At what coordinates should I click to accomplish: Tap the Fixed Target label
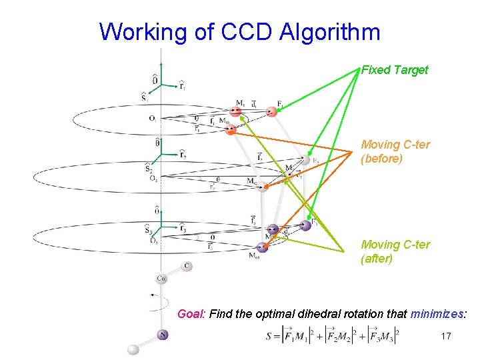pyautogui.click(x=395, y=70)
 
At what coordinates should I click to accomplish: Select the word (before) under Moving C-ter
pyautogui.click(x=382, y=159)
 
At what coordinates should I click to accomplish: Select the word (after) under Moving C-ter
pyautogui.click(x=377, y=259)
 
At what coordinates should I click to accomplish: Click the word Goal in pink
pyautogui.click(x=191, y=313)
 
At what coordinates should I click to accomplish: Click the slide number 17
pyautogui.click(x=446, y=337)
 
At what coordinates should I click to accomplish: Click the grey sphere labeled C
pyautogui.click(x=187, y=266)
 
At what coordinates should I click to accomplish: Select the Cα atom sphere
pyautogui.click(x=162, y=278)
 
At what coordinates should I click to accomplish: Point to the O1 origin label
pyautogui.click(x=153, y=119)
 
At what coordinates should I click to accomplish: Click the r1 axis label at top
pyautogui.click(x=182, y=85)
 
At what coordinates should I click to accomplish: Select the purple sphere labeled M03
pyautogui.click(x=262, y=247)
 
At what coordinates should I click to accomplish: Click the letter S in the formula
pyautogui.click(x=268, y=337)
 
